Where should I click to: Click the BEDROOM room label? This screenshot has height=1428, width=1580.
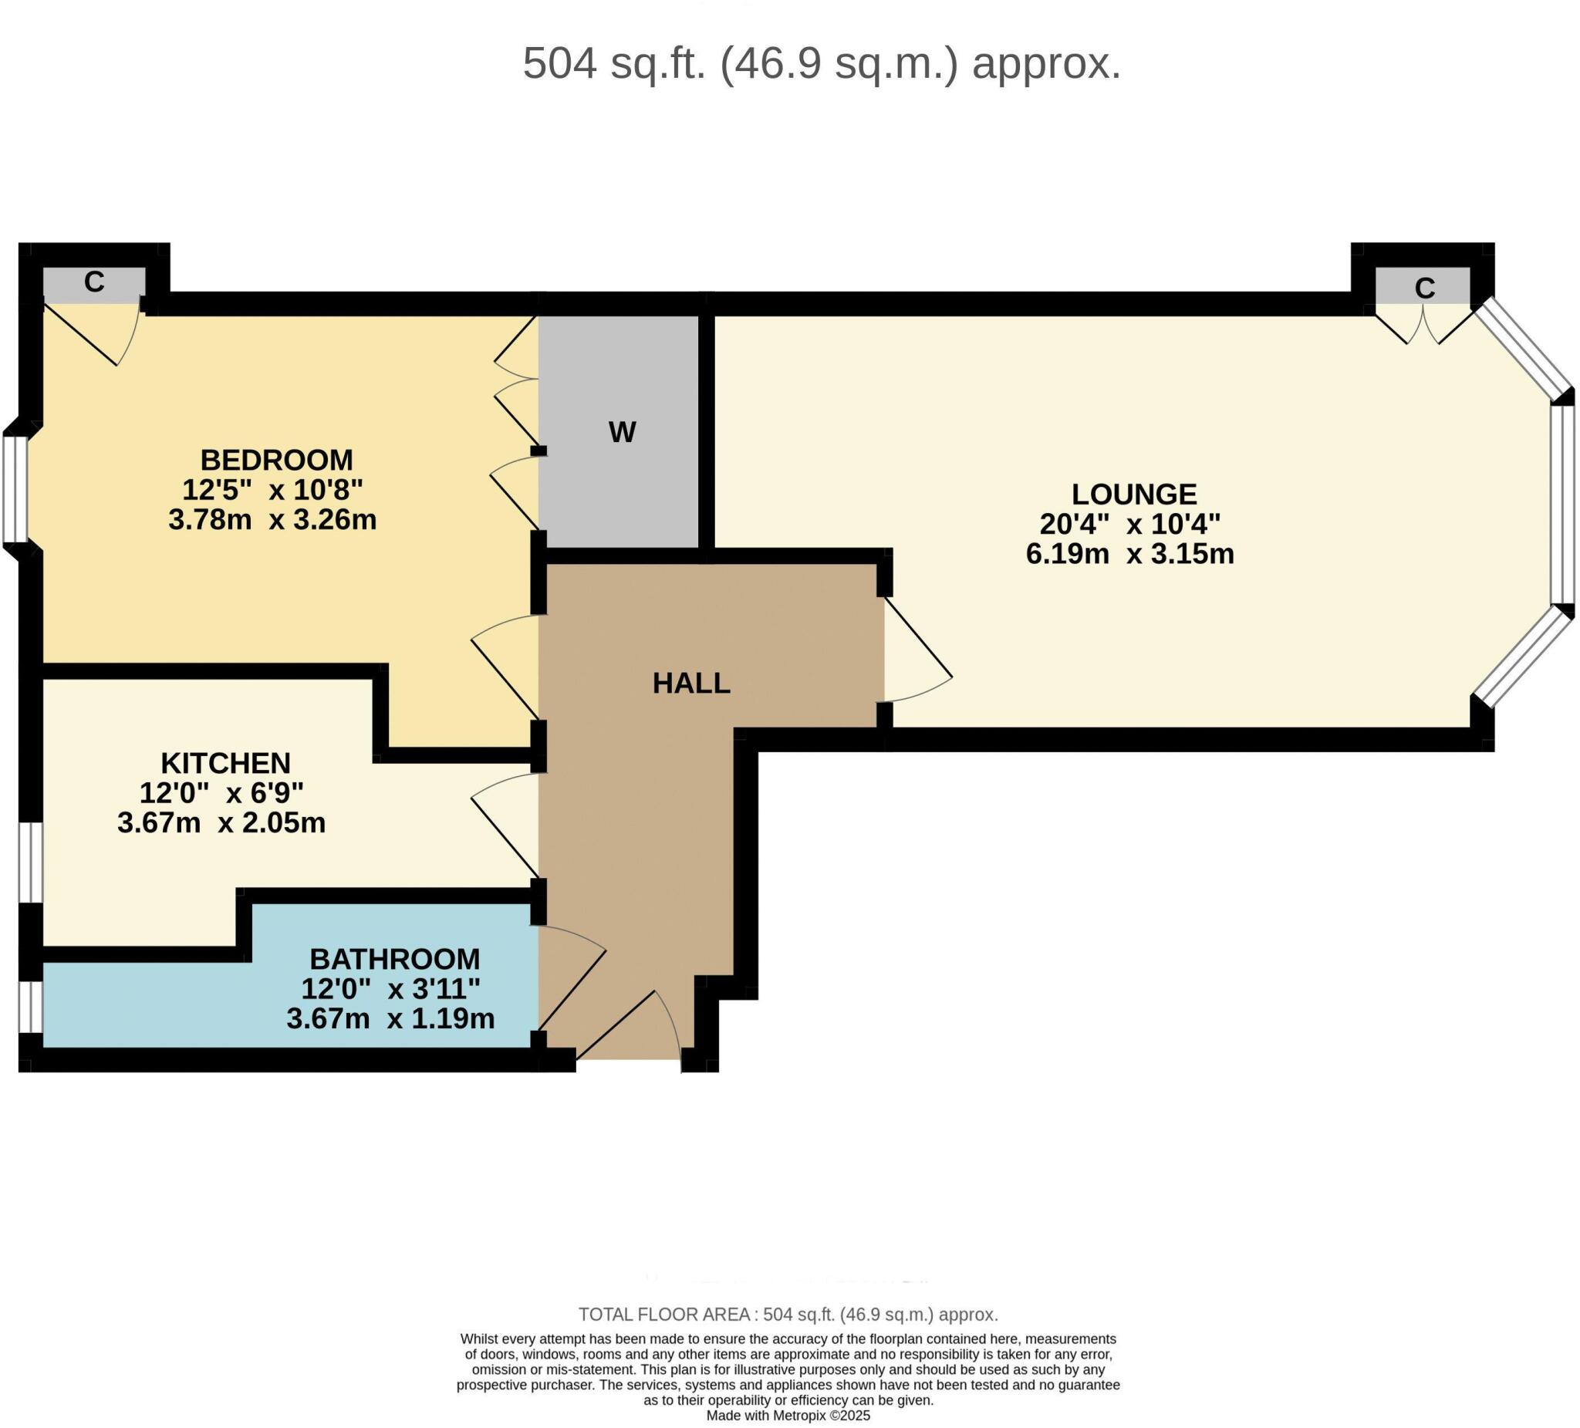click(x=276, y=459)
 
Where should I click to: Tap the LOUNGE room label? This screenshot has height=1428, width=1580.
click(x=1133, y=494)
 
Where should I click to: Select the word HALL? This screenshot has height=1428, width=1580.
click(x=691, y=684)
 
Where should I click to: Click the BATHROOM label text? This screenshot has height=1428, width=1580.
click(x=394, y=958)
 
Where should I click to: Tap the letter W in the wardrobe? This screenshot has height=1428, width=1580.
click(x=623, y=432)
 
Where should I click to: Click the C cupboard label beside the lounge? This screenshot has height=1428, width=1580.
click(x=1424, y=289)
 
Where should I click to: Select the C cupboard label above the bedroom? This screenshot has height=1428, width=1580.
click(x=94, y=282)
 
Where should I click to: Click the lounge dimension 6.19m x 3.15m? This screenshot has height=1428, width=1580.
click(x=1129, y=554)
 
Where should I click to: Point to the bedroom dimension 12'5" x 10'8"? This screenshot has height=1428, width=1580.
click(x=273, y=490)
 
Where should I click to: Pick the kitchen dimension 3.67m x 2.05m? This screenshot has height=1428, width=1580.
click(x=221, y=823)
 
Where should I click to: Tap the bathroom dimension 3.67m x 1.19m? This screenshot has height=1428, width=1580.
click(x=390, y=1018)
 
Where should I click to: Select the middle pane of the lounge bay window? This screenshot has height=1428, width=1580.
click(x=1562, y=505)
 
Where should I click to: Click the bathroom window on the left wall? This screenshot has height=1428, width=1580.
click(x=31, y=1006)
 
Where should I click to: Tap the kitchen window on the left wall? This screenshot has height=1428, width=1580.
click(x=31, y=863)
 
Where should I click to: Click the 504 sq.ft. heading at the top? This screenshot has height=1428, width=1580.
click(x=822, y=63)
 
